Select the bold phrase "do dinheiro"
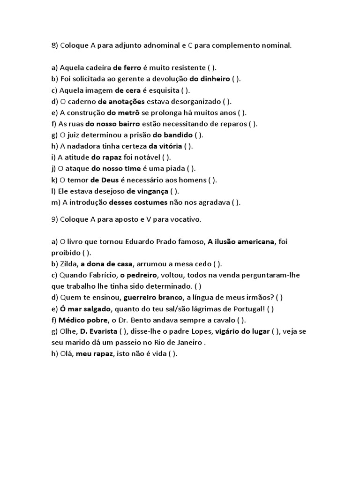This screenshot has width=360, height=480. [x=210, y=79]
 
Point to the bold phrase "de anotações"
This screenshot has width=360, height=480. [x=121, y=102]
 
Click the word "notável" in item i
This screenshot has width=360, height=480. [x=144, y=158]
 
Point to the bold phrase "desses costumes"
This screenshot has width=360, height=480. [x=138, y=203]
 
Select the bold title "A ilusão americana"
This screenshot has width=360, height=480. [x=240, y=242]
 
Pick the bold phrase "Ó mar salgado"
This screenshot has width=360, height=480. [x=85, y=309]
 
